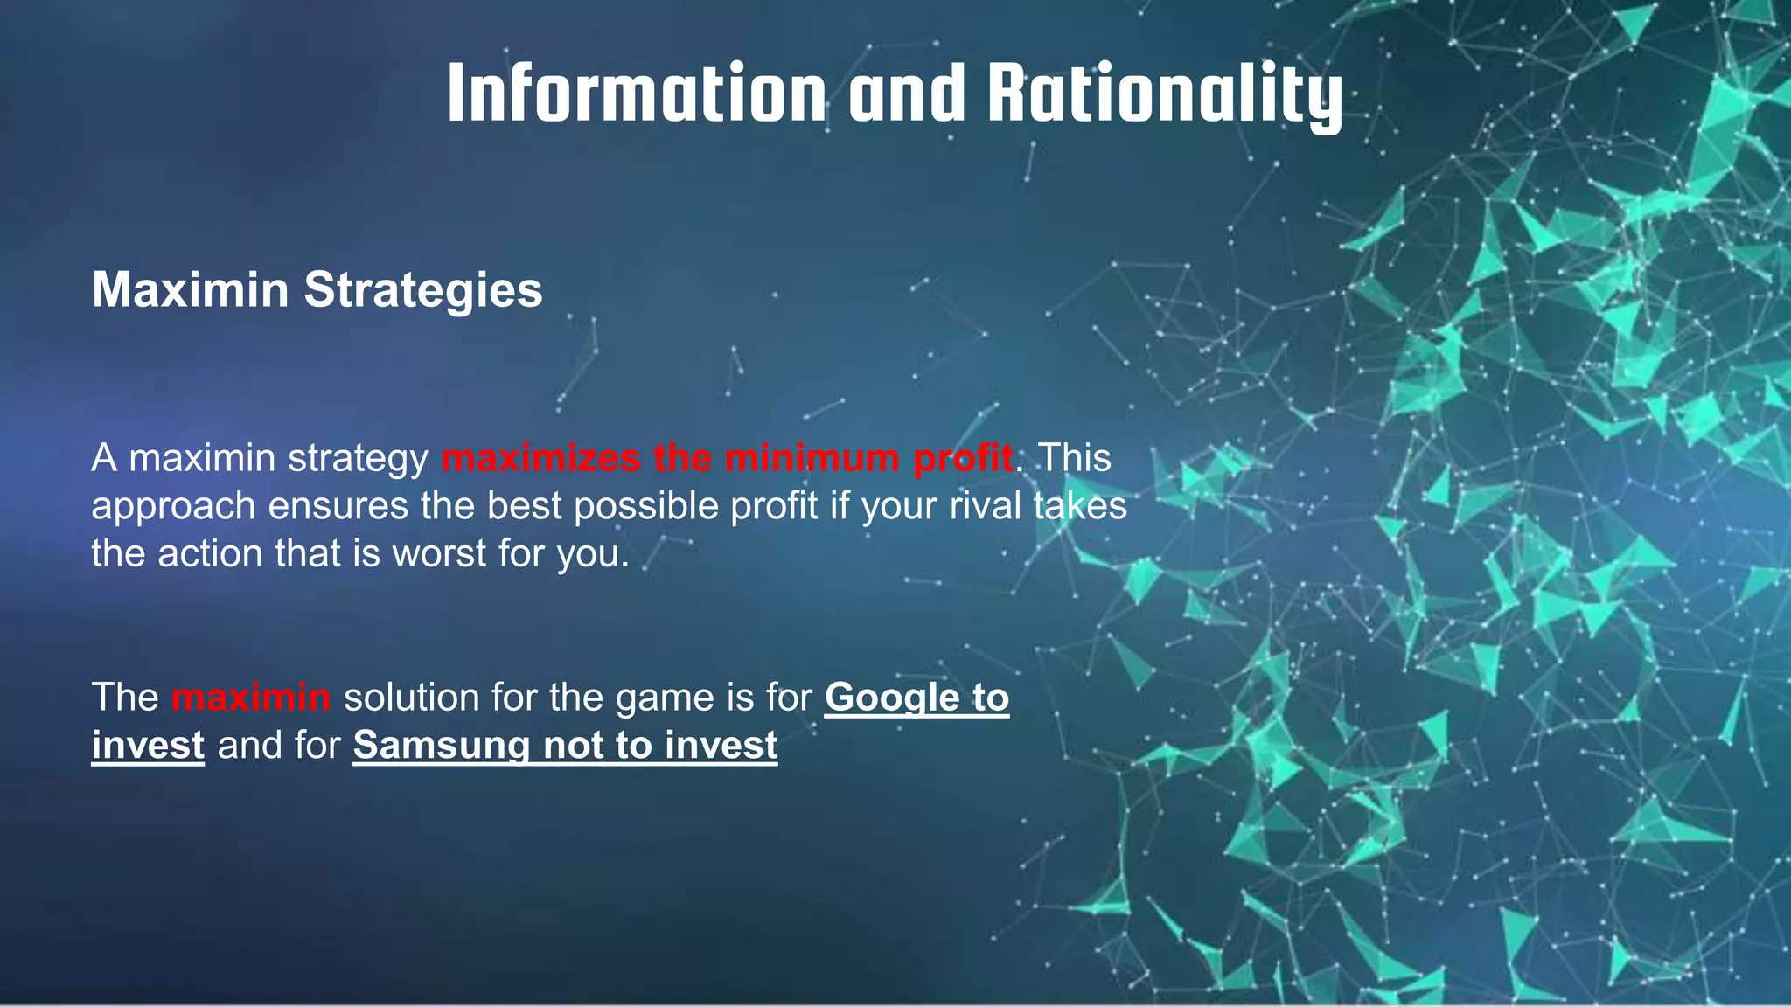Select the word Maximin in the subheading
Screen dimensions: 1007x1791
coord(190,289)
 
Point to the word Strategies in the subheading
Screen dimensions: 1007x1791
coord(423,289)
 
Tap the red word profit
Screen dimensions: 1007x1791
coord(963,458)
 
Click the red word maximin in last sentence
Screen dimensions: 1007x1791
coord(251,698)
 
